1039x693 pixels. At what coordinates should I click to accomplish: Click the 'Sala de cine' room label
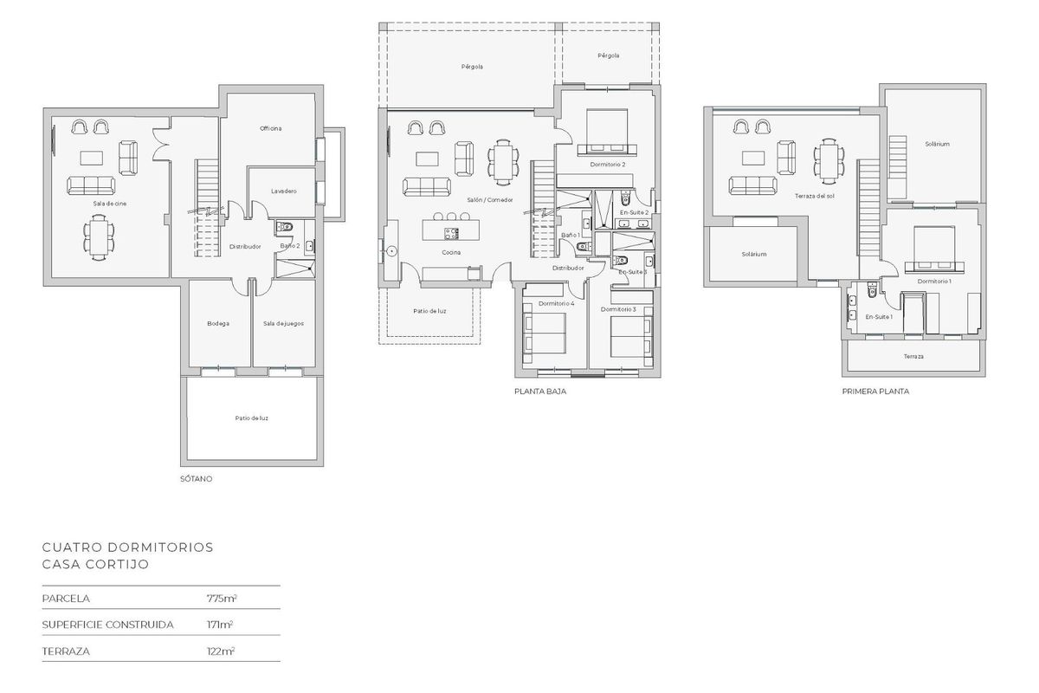(106, 204)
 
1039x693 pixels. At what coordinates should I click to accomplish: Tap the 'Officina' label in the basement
(271, 128)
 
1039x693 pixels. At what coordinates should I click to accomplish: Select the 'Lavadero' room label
(283, 191)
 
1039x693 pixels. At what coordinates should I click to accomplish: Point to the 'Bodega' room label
(218, 323)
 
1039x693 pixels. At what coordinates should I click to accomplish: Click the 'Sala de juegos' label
(283, 323)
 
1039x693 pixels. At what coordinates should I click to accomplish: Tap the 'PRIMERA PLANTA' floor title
(875, 392)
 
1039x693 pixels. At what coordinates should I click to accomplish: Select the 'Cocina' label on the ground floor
(450, 252)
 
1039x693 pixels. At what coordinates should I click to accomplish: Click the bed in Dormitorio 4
(545, 333)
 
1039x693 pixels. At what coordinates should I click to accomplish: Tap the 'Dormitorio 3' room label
(618, 309)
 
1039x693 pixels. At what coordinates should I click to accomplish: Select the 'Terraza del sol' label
(814, 197)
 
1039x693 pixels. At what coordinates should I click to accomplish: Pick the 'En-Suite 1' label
(879, 316)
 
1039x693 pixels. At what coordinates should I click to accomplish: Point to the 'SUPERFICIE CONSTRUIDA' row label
(108, 624)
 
